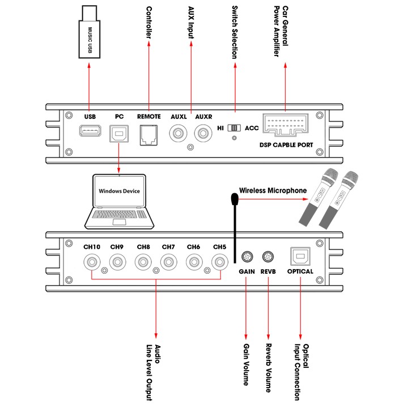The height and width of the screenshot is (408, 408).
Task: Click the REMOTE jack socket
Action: (149, 135)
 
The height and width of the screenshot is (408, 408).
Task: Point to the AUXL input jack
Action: (179, 134)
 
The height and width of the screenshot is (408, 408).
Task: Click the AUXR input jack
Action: (203, 134)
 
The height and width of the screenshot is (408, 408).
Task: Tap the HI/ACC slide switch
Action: (234, 128)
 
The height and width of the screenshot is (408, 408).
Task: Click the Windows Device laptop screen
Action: (119, 192)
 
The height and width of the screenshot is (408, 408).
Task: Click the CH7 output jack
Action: (168, 262)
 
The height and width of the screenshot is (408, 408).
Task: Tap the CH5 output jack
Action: (220, 262)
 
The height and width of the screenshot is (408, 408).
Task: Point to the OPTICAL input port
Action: (300, 256)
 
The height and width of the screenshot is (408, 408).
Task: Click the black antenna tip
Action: (233, 199)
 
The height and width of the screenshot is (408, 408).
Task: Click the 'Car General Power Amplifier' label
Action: (280, 32)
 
